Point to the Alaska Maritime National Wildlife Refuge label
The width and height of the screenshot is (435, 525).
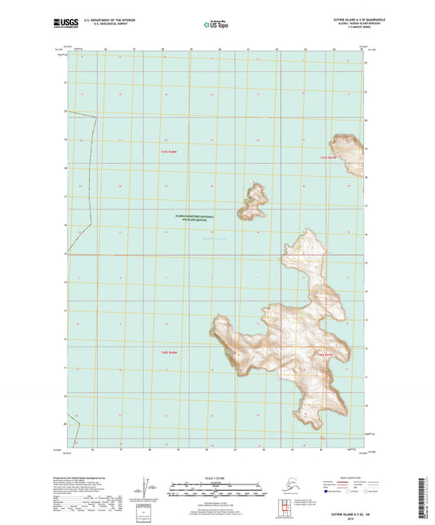(193, 218)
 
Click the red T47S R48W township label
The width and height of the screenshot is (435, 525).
(169, 152)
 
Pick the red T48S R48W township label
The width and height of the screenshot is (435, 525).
(169, 351)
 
